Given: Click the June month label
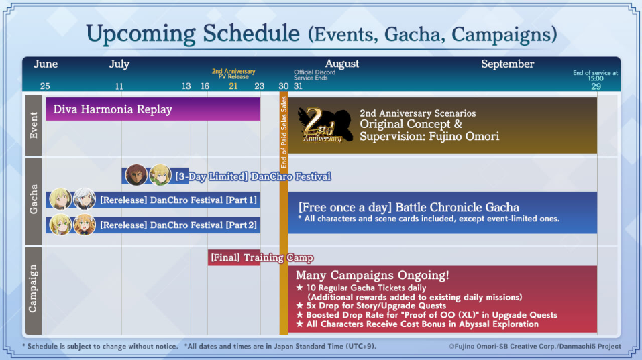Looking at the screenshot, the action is pyautogui.click(x=46, y=64).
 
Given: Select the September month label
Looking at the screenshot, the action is pyautogui.click(x=507, y=64).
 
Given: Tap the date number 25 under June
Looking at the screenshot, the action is pyautogui.click(x=45, y=86).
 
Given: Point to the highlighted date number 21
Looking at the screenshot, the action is pyautogui.click(x=233, y=86).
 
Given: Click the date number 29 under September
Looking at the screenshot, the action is pyautogui.click(x=596, y=86).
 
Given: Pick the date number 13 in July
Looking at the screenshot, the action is pyautogui.click(x=186, y=86).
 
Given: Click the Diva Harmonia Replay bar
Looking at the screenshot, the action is pyautogui.click(x=153, y=109).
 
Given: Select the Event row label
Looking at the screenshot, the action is pyautogui.click(x=34, y=125).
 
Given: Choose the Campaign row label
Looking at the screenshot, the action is pyautogui.click(x=34, y=289).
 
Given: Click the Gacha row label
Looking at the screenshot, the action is pyautogui.click(x=34, y=199).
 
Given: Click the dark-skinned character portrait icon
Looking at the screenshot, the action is pyautogui.click(x=136, y=175).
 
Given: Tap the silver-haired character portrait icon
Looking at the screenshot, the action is pyautogui.click(x=85, y=199).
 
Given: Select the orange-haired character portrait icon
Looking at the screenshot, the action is pyautogui.click(x=85, y=224).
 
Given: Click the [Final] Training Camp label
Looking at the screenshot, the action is pyautogui.click(x=262, y=257).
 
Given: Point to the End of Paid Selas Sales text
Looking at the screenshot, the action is pyautogui.click(x=284, y=132).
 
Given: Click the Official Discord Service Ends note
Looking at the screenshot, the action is pyautogui.click(x=315, y=75).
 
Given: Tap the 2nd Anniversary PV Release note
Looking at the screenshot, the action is pyautogui.click(x=233, y=74).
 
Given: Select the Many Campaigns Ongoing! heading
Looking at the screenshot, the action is pyautogui.click(x=372, y=275).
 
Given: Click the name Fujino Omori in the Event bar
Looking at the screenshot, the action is pyautogui.click(x=464, y=136).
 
